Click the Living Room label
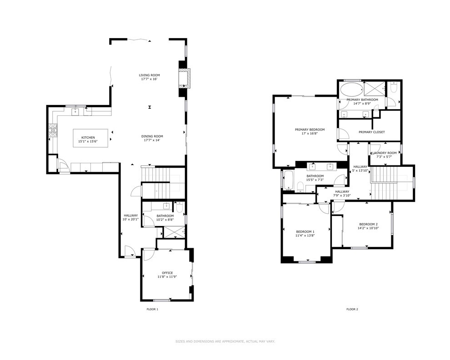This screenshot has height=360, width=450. [149, 75]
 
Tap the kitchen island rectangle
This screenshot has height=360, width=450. [91, 138]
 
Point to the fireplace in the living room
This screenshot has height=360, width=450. [183, 78]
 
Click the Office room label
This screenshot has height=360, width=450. [167, 273]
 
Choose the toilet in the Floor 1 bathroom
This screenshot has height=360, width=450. [179, 208]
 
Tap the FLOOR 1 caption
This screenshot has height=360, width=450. [152, 309]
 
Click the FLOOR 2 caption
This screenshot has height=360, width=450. [352, 309]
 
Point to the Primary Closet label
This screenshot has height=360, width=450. [371, 132]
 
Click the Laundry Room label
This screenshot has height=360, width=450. [385, 153]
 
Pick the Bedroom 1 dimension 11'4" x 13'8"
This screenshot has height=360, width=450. [305, 235]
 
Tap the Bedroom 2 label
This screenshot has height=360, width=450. [368, 224]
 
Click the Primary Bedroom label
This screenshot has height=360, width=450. [305, 130]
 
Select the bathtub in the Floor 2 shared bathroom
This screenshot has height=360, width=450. [288, 180]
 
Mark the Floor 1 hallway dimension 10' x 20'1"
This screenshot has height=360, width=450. [130, 220]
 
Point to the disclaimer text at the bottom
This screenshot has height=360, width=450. [225, 341]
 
